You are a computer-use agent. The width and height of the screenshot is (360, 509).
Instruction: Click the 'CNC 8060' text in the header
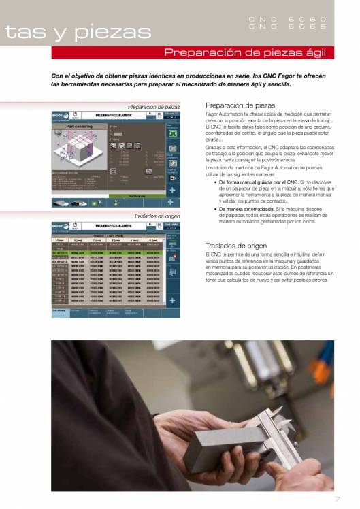pos(287,19)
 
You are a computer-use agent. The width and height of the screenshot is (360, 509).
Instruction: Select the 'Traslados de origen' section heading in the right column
pos(235,246)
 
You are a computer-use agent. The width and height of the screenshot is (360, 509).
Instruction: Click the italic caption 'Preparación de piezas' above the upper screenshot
pos(154,107)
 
